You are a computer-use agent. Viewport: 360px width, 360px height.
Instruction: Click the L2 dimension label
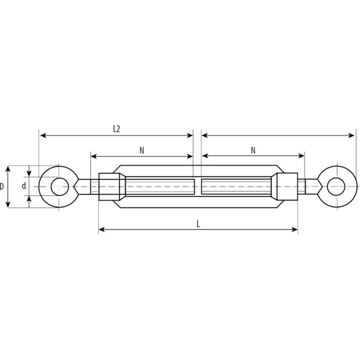117,129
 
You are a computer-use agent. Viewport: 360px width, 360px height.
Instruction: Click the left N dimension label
142,150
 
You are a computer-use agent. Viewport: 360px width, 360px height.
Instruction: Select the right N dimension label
253,150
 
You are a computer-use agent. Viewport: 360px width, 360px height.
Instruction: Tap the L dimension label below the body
198,224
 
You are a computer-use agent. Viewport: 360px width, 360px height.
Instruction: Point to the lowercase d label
24,186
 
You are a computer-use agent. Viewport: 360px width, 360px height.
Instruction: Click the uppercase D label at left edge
2,186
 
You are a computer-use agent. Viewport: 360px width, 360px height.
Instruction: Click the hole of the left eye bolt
60,187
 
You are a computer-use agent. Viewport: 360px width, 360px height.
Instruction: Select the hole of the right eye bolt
336,187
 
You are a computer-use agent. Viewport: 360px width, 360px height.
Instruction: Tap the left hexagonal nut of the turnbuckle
109,187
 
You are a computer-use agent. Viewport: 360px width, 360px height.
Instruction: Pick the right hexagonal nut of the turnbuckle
287,187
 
